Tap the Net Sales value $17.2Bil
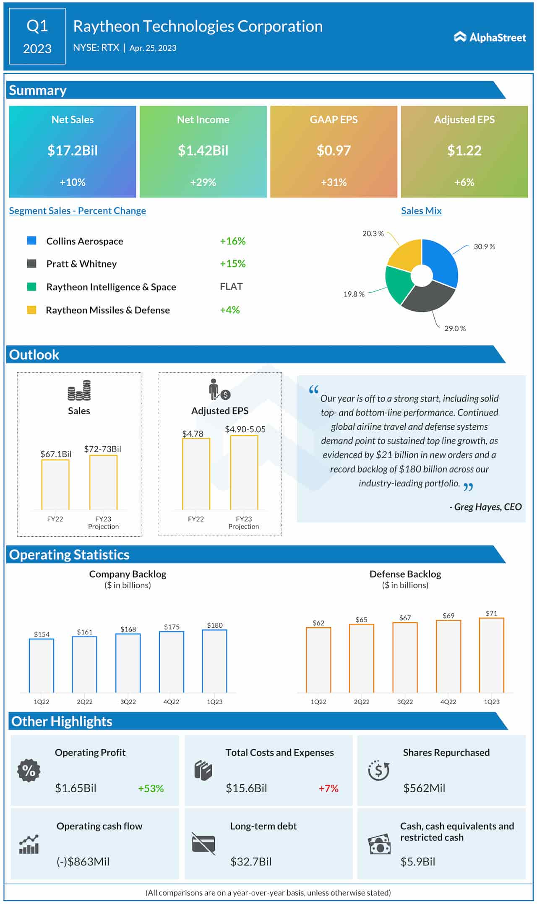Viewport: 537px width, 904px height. click(x=73, y=151)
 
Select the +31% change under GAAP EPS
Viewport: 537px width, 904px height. click(x=334, y=182)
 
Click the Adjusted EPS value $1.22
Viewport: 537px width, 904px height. click(x=464, y=151)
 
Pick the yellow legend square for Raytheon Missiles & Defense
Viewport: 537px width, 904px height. click(x=31, y=310)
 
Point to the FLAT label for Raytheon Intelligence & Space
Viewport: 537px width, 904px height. click(x=231, y=286)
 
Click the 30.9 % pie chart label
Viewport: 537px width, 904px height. click(x=484, y=247)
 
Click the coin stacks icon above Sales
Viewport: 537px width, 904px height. click(x=79, y=390)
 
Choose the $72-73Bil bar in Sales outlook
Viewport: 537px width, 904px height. click(x=103, y=482)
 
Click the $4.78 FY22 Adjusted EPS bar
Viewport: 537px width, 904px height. click(x=196, y=474)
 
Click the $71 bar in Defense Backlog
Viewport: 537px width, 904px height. click(x=491, y=655)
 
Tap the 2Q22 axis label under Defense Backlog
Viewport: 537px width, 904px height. click(x=362, y=702)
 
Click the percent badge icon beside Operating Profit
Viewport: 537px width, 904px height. click(x=29, y=771)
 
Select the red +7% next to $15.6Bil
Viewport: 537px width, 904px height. click(x=328, y=789)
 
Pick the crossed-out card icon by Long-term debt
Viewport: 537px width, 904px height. click(x=203, y=844)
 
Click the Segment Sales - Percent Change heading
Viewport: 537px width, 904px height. click(x=78, y=211)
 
